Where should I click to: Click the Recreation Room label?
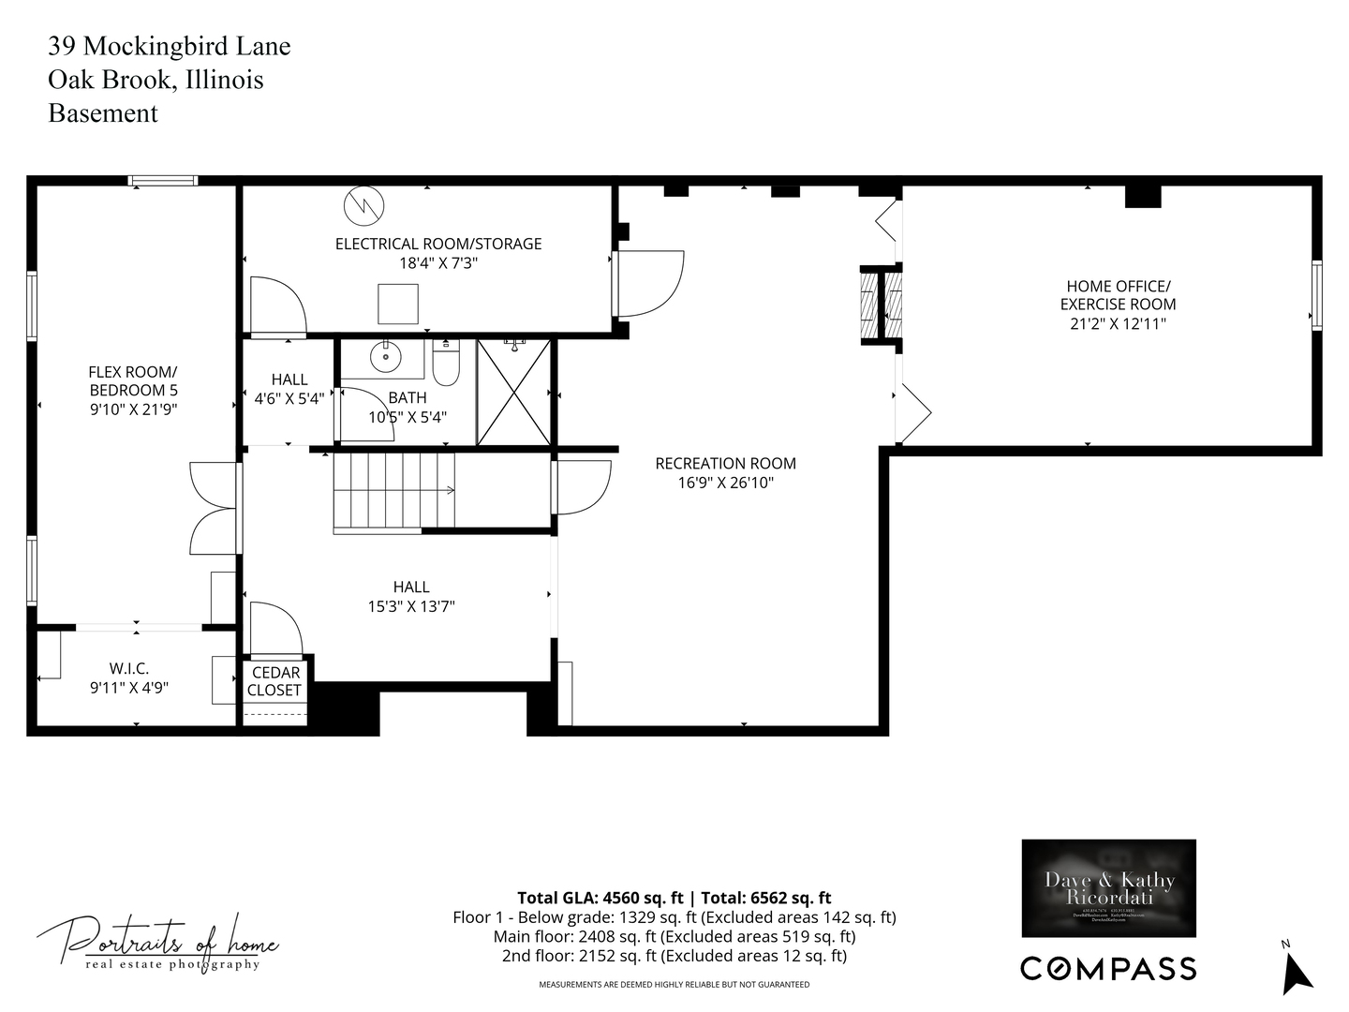(725, 463)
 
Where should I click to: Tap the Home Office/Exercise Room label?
(1118, 295)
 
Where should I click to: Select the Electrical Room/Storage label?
(438, 244)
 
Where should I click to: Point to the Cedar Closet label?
(274, 681)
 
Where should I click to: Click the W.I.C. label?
(129, 668)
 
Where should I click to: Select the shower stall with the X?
(514, 392)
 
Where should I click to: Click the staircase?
(394, 490)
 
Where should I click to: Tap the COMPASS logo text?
(1108, 968)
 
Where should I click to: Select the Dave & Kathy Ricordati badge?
(1108, 887)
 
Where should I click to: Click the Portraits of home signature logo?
(157, 942)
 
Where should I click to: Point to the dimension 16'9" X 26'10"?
(725, 484)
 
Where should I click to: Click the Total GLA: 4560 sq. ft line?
(674, 898)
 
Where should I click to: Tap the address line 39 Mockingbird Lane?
(170, 47)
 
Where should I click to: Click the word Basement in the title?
(103, 113)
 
